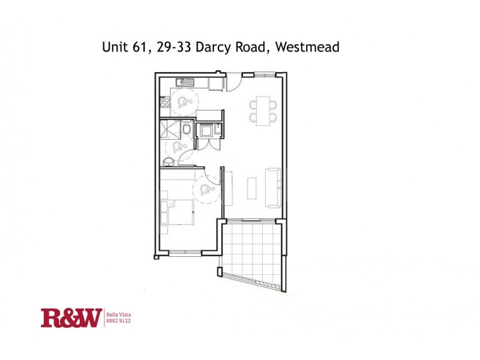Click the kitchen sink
point(183,82)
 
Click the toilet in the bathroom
point(187,128)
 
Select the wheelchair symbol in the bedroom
point(205,191)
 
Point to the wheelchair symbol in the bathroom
point(176,148)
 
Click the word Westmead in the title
point(308,47)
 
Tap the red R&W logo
point(70,317)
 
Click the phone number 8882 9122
point(118,321)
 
